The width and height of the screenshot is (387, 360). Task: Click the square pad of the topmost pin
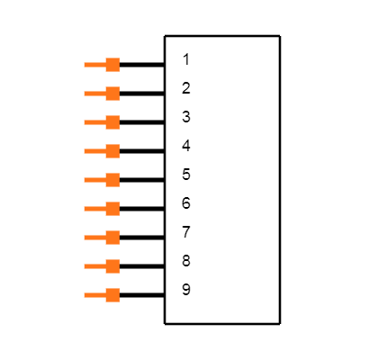[112, 65]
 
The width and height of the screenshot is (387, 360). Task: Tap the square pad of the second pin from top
[112, 94]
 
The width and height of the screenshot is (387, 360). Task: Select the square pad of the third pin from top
[112, 122]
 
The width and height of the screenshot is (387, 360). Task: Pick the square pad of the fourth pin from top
[112, 151]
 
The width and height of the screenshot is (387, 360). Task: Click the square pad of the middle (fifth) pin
[112, 180]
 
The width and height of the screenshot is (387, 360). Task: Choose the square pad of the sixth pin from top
[112, 209]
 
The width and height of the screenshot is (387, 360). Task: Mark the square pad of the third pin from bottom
[112, 238]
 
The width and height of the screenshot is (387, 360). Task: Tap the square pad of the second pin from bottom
[112, 266]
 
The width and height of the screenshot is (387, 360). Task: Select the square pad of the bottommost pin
[112, 295]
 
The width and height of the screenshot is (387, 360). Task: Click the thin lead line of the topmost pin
[94, 65]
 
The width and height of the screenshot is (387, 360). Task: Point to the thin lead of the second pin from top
[94, 94]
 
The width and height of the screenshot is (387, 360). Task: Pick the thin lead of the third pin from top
[94, 122]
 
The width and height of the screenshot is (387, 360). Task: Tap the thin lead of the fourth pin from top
[94, 151]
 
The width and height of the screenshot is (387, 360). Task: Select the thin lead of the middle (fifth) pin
[94, 180]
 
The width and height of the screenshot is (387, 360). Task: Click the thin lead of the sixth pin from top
[94, 209]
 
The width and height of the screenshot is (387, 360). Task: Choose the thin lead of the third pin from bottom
[94, 238]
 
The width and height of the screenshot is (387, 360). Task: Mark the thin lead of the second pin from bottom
[94, 266]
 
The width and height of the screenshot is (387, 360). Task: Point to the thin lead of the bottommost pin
[94, 295]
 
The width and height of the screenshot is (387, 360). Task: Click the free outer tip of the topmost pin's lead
[85, 65]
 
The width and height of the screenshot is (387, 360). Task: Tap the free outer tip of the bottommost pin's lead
[85, 295]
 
